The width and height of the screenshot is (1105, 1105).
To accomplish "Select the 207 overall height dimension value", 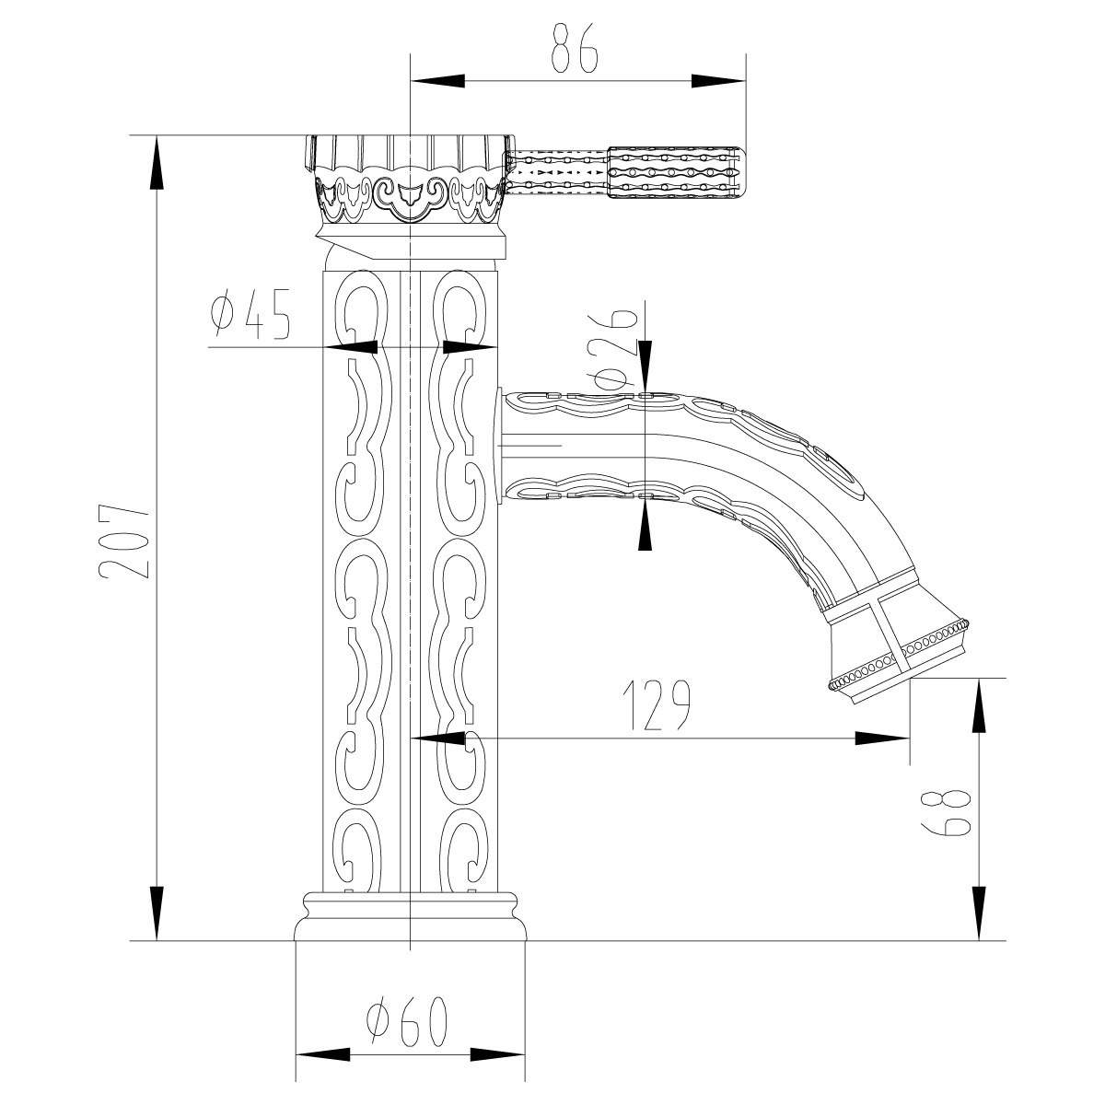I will pyautogui.click(x=122, y=541).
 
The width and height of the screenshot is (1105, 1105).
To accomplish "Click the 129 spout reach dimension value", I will pyautogui.click(x=657, y=706).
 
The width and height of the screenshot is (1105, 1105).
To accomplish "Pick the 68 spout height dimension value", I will pyautogui.click(x=944, y=811).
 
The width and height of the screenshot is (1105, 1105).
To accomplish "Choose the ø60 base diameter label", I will pyautogui.click(x=407, y=1024).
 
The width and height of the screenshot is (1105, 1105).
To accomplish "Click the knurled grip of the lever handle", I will pyautogui.click(x=674, y=171).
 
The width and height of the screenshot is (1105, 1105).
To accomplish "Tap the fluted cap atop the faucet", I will pyautogui.click(x=407, y=152).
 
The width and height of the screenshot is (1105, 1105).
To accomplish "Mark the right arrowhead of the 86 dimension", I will pyautogui.click(x=718, y=81).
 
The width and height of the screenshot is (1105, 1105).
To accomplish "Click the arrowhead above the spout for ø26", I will pyautogui.click(x=646, y=363).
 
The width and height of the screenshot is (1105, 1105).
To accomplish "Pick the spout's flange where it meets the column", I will pyautogui.click(x=498, y=447).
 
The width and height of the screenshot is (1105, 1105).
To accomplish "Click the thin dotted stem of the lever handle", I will pyautogui.click(x=559, y=171).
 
